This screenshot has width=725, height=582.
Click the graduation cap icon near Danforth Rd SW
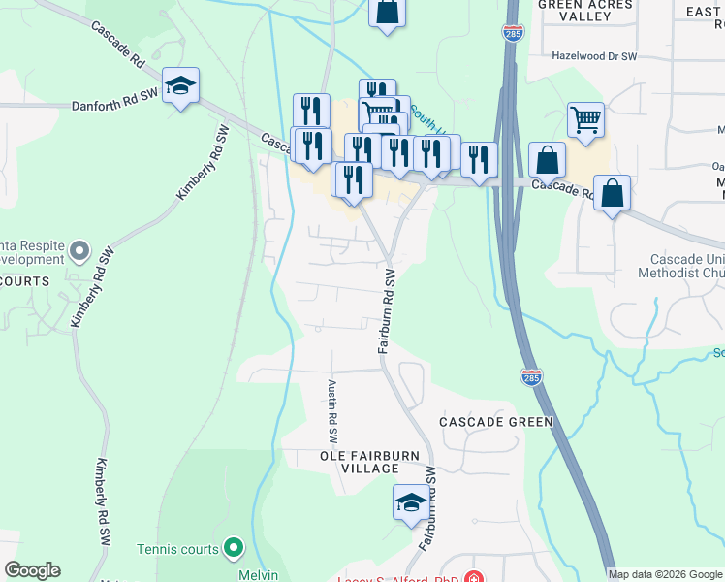pos(180,86)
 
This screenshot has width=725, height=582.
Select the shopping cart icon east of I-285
pos(585,121)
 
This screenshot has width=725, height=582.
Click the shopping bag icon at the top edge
pos(387,13)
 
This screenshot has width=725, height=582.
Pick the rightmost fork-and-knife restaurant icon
pos(479,160)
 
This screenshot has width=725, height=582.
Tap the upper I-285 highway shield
pos(514,34)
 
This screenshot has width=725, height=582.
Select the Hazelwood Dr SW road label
pos(593,57)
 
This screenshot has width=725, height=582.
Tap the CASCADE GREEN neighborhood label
pos(495,422)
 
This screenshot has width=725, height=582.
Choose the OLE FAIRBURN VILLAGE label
pos(359,462)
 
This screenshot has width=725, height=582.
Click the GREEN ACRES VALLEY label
pos(584,11)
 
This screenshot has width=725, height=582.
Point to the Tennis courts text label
pos(177,549)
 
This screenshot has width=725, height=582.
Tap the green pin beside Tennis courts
pos(233,549)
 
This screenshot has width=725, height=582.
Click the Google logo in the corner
pos(32,570)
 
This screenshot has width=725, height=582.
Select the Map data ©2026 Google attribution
pos(664,574)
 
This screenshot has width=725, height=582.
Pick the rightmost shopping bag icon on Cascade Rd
pos(613,193)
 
